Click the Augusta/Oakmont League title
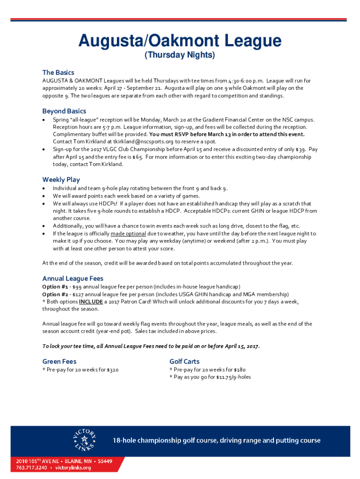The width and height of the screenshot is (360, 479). [x=180, y=41]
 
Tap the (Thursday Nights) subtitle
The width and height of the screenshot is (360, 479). [x=180, y=56]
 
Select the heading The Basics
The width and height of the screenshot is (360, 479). [x=58, y=73]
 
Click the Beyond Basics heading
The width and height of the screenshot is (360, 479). [x=64, y=111]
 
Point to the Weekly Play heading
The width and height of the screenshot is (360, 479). [x=61, y=180]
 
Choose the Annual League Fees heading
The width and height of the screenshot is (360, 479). [x=73, y=278]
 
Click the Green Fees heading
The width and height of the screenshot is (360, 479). [x=59, y=361]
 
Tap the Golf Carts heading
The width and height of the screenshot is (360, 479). [x=184, y=361]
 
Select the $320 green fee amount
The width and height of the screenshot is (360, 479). [x=112, y=370]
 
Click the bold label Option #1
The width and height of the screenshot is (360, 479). [x=55, y=286]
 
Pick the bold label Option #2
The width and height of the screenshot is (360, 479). [x=55, y=294]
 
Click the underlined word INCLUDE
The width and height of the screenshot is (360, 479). [x=91, y=302]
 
